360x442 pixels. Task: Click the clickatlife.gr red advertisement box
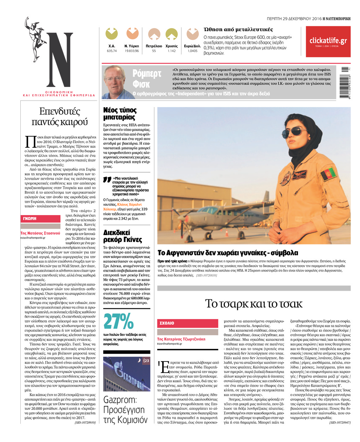pos(328,42)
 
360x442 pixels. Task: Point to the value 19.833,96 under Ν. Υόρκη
pos(132,51)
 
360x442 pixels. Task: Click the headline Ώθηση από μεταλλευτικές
pos(238,29)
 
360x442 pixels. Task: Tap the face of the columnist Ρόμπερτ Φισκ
pos(115,81)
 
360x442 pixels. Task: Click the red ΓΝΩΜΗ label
pos(40,219)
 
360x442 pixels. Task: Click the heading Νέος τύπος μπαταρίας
pos(120,114)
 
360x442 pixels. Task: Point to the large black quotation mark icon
pos(107,180)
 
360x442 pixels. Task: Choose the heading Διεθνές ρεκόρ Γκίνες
pos(123,236)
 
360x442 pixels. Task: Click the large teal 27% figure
pos(118,321)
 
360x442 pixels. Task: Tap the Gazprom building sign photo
pos(126,374)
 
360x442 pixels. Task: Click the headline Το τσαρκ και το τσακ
pos(254,303)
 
